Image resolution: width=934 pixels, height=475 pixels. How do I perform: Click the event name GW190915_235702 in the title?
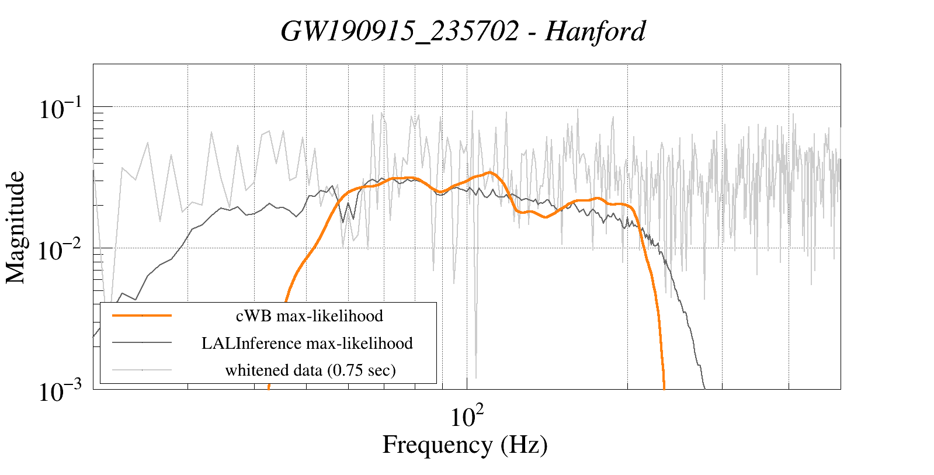(400, 32)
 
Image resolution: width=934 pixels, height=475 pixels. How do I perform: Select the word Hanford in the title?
(595, 32)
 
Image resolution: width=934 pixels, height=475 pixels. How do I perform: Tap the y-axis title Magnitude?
(16, 227)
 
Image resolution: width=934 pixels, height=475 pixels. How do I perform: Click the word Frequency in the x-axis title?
(437, 445)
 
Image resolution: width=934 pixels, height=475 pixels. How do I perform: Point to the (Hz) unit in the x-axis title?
(524, 445)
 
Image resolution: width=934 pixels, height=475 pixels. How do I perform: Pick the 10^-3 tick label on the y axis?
(63, 391)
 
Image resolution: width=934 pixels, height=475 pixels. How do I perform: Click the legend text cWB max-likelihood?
(309, 316)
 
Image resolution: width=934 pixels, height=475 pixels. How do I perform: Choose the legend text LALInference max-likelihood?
(307, 343)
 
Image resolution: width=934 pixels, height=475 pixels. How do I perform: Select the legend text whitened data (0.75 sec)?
(310, 370)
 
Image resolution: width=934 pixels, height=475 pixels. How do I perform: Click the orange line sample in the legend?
(142, 315)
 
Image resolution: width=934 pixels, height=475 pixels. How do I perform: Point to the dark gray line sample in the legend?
(142, 342)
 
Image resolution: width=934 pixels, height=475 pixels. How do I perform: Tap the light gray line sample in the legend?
(142, 369)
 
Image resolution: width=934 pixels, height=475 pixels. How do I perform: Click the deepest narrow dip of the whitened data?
(476, 377)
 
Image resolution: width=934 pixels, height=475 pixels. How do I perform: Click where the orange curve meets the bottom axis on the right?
(665, 387)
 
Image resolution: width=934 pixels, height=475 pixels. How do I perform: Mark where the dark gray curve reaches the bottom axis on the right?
(705, 387)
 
